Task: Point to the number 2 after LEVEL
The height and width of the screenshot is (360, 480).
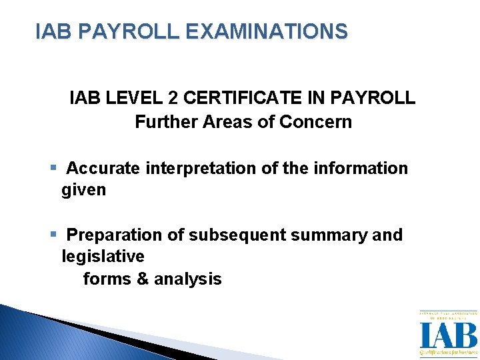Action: point(173,99)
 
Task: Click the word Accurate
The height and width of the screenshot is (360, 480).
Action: point(103,169)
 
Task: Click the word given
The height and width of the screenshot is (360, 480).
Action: point(83,190)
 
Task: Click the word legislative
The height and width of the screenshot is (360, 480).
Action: point(103,257)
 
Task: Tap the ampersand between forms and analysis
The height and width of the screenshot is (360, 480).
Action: point(143,279)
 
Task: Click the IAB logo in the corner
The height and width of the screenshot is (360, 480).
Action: point(447,334)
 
